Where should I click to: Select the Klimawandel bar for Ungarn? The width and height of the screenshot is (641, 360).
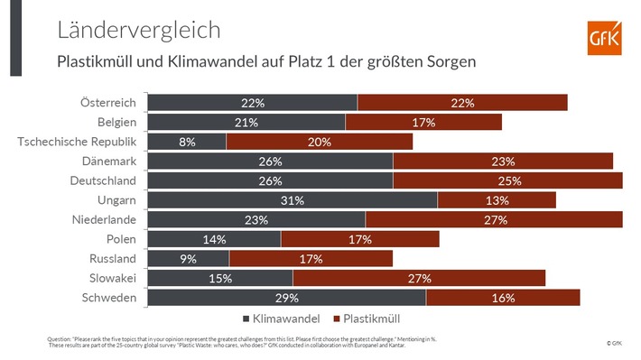pos(292,200)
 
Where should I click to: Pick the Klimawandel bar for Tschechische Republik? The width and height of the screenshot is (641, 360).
pos(187,142)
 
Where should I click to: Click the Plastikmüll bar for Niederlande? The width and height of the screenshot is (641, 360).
pos(494,220)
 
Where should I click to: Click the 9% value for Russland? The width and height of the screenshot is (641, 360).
pos(188,259)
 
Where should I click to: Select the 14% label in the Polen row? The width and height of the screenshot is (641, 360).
pos(213,240)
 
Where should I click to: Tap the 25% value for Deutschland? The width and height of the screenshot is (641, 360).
pos(507,180)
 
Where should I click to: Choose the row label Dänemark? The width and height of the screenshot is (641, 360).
pos(108,161)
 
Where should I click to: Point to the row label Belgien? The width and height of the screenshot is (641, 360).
pos(116,122)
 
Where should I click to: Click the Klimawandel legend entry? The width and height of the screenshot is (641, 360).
pos(282,318)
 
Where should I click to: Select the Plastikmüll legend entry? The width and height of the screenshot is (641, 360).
pos(366,318)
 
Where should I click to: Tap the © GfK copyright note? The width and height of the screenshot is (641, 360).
pos(614,344)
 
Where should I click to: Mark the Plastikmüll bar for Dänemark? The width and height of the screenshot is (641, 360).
pos(503,162)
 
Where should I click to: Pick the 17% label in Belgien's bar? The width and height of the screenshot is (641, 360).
pos(423,122)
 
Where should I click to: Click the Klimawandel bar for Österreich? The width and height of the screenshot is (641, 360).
pos(252,103)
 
